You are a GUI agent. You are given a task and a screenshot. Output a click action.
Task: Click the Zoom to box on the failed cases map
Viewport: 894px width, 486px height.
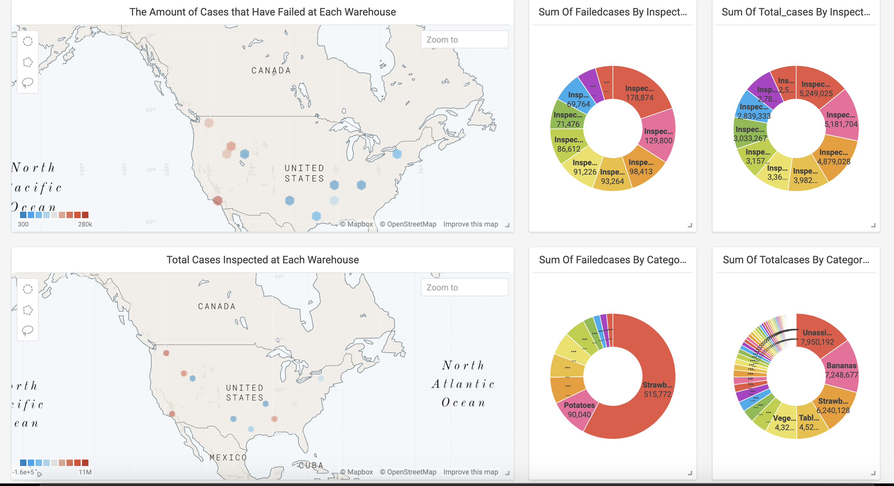(x=464, y=40)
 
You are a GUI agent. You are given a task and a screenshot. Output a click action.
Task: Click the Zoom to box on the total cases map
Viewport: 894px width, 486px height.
(x=464, y=287)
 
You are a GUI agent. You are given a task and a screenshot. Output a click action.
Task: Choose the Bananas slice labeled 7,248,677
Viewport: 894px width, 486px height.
(x=841, y=370)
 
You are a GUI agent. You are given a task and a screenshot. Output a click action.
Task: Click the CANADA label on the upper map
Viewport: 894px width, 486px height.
(x=271, y=70)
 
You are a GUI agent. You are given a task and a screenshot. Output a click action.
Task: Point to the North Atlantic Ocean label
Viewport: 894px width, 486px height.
(x=463, y=384)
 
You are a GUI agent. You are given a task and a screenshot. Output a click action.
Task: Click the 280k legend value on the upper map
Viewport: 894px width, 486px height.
(x=85, y=224)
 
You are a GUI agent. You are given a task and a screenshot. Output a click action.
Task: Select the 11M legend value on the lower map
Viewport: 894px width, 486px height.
(x=85, y=472)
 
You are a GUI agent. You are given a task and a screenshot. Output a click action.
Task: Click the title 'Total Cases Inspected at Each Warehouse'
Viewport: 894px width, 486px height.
(x=262, y=259)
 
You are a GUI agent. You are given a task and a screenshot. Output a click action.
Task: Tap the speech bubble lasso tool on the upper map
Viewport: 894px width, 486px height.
(x=28, y=83)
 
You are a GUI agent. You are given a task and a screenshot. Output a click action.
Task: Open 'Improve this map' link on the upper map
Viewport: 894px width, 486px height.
(x=470, y=224)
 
